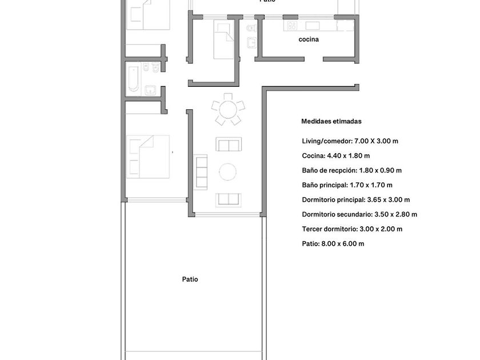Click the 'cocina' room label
[x=309, y=39]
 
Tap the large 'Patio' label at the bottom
[x=190, y=279]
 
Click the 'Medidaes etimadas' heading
[x=331, y=121]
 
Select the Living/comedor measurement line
[x=350, y=141]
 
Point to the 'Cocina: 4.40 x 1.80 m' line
[x=336, y=156]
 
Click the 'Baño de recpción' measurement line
[x=352, y=170]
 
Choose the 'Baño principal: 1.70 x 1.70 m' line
[x=347, y=185]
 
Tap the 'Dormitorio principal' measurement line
[x=355, y=200]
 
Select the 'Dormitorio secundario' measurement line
[x=359, y=215]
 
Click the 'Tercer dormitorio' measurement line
[x=352, y=229]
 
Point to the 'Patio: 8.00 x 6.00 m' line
[x=333, y=244]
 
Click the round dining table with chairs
[x=228, y=109]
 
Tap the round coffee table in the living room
[x=227, y=172]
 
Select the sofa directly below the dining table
[x=229, y=144]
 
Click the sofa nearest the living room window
[x=229, y=200]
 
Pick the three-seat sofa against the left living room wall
[x=201, y=172]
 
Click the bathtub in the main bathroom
[x=134, y=78]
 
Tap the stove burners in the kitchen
[x=292, y=25]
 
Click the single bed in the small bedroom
[x=223, y=39]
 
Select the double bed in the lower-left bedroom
[x=148, y=157]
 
